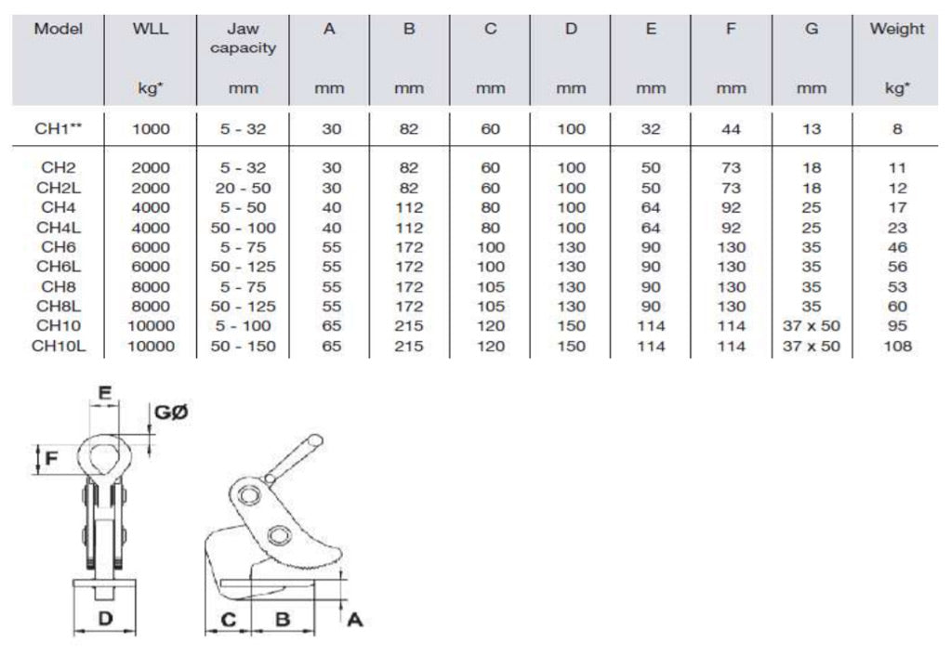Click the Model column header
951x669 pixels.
pyautogui.click(x=59, y=29)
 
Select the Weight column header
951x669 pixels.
pyautogui.click(x=896, y=29)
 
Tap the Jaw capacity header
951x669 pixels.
pyautogui.click(x=243, y=38)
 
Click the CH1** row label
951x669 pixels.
pyautogui.click(x=59, y=129)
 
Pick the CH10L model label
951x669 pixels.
pyautogui.click(x=59, y=347)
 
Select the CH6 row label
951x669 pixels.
pyautogui.click(x=59, y=247)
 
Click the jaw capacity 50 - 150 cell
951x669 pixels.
pyautogui.click(x=243, y=347)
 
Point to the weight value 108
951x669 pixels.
pyautogui.click(x=896, y=347)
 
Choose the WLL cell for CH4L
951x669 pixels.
pyautogui.click(x=151, y=228)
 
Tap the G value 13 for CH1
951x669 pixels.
pyautogui.click(x=812, y=129)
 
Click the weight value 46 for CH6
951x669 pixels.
pyautogui.click(x=896, y=247)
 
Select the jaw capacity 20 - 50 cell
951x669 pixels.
pyautogui.click(x=243, y=188)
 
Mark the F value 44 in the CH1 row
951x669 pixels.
pyautogui.click(x=732, y=129)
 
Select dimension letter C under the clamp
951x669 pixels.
pyautogui.click(x=226, y=619)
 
